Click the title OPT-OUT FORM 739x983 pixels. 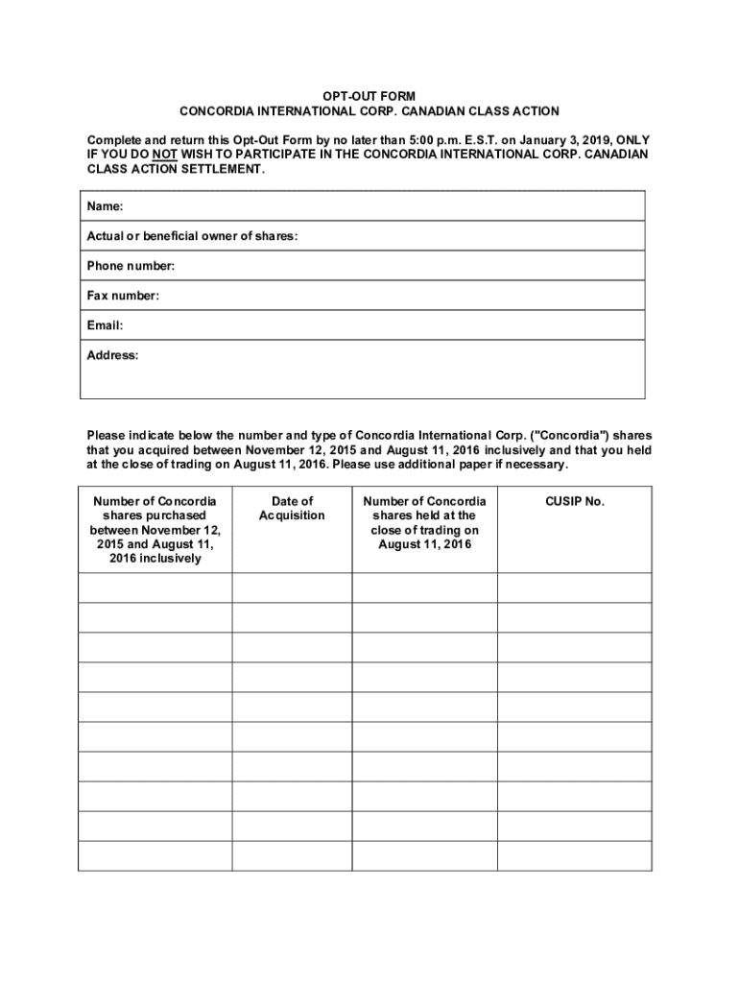tap(369, 97)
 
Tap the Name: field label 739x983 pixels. tap(105, 206)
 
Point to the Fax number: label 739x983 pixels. tap(123, 296)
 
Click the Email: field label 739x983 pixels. tap(105, 325)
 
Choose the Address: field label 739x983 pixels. tap(112, 355)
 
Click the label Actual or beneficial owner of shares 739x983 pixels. tap(192, 236)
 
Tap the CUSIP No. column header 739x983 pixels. tap(575, 501)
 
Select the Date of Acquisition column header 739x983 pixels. tap(292, 508)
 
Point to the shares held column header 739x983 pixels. tap(424, 522)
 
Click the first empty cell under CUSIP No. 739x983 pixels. tap(574, 587)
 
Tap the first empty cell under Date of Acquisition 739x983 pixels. tap(292, 587)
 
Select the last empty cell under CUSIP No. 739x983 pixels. tap(574, 855)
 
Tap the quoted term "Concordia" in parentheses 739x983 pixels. tap(565, 434)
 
